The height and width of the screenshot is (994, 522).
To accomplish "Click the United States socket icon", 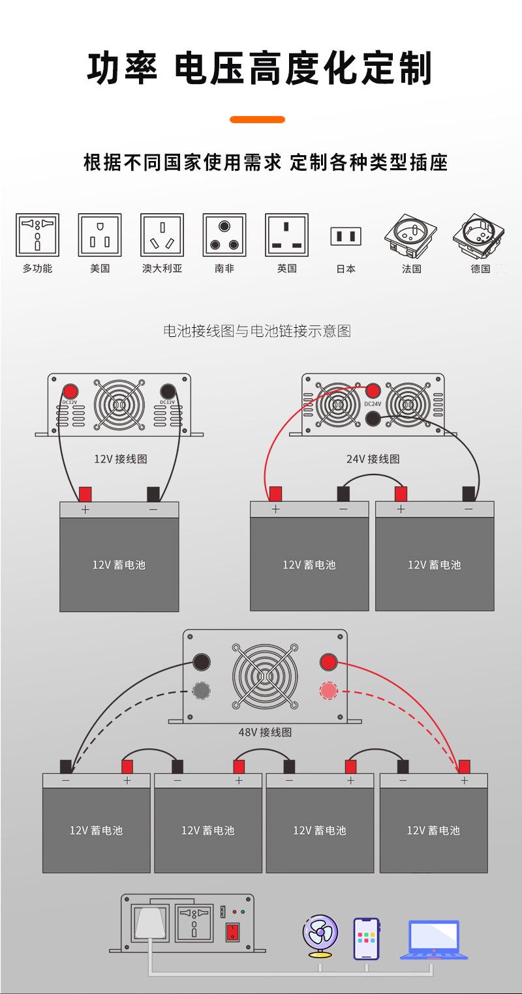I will coord(100,235).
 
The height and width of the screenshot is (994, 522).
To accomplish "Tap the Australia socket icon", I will coord(162,235).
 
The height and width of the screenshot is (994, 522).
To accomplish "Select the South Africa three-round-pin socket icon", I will coord(224,235).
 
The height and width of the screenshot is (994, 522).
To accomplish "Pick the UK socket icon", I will coord(286,235).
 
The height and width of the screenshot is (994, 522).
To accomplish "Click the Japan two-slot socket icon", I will coord(346,236).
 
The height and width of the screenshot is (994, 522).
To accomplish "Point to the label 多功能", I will coord(37,269).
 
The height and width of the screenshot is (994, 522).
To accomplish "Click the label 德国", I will coord(480,269).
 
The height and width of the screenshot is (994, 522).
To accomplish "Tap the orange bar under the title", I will coord(258,120).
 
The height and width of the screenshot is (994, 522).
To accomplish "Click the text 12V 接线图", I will coord(121,459).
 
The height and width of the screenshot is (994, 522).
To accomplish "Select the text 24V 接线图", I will coord(373,459).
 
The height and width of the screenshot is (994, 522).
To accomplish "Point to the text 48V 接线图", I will coord(265,732).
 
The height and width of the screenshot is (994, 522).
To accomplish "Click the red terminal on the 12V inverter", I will coord(70,391).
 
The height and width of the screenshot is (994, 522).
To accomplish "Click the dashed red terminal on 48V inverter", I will coord(328,690).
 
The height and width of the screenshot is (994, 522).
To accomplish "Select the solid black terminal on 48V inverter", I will coord(202,662).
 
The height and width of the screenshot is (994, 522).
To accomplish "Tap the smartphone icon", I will coord(366,939).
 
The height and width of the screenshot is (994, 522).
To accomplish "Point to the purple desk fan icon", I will coord(320,935).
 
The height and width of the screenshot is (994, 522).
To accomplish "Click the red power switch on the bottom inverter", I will coord(232,932).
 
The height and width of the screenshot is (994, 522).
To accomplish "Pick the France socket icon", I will coord(411,236).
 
